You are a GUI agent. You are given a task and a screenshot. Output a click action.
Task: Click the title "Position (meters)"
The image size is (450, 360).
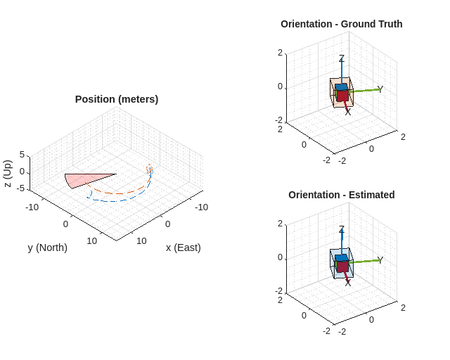tap(117, 99)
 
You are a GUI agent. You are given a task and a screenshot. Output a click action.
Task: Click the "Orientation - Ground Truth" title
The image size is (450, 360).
tap(341, 24)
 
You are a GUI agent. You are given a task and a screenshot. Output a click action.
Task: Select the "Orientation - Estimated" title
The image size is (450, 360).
tap(341, 195)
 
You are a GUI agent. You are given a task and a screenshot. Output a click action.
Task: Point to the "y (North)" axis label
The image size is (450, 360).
tap(48, 247)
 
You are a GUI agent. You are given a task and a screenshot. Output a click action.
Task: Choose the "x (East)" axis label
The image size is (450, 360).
tap(183, 247)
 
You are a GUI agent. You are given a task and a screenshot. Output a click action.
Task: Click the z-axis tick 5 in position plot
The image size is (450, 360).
tap(22, 155)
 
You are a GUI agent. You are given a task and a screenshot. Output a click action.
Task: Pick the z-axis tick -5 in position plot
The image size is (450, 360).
tap(20, 188)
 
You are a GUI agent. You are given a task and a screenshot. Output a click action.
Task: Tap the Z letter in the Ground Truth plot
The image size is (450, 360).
tap(342, 59)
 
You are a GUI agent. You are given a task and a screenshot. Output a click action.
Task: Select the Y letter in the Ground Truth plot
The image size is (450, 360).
tap(380, 89)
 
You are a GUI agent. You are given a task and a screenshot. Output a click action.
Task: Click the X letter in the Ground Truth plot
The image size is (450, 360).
tap(348, 112)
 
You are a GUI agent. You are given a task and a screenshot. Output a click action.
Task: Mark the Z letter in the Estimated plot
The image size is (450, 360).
tap(342, 230)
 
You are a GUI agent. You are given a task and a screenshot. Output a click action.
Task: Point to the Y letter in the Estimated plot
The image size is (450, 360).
tap(380, 260)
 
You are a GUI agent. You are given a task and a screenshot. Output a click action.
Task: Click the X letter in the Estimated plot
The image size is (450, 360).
tap(348, 283)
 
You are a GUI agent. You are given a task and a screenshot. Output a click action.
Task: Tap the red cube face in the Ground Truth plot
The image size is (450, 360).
tap(342, 96)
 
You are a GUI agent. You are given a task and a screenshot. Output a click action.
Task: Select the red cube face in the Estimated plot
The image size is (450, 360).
tap(342, 266)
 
